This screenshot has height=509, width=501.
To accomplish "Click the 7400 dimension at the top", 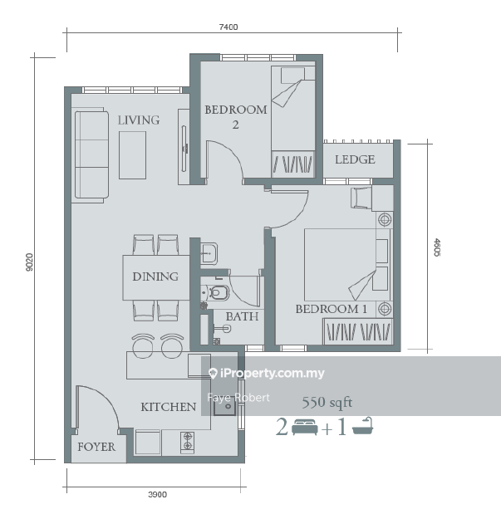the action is [x=228, y=27].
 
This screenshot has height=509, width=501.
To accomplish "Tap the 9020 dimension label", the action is [x=29, y=262].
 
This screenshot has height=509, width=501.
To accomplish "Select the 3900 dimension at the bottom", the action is [x=158, y=494].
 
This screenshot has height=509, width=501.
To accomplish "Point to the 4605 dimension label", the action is [x=437, y=247].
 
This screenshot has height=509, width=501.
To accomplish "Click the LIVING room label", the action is [x=139, y=120].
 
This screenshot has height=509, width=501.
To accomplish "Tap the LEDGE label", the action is [x=355, y=159].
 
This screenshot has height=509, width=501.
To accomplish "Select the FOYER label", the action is [x=96, y=447].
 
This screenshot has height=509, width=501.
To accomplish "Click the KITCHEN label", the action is [x=169, y=407].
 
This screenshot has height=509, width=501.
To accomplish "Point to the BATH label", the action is [x=242, y=316].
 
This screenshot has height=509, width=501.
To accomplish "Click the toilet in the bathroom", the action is [x=217, y=293].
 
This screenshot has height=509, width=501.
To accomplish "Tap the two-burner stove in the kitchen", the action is [x=188, y=442].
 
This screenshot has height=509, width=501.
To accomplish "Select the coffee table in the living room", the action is [x=132, y=155].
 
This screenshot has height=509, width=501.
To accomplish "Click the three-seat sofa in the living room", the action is [x=91, y=154].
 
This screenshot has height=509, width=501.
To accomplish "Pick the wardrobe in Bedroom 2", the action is [x=293, y=164].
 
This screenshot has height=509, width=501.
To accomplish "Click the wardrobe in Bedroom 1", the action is [x=358, y=331].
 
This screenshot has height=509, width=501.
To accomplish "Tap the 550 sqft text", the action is [x=327, y=403].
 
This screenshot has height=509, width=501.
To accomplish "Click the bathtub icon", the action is [x=363, y=426].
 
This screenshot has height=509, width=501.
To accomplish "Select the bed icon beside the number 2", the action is [x=305, y=427].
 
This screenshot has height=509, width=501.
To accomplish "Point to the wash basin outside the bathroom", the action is [x=209, y=253].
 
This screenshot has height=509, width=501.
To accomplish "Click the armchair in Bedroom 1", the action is [x=361, y=198].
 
